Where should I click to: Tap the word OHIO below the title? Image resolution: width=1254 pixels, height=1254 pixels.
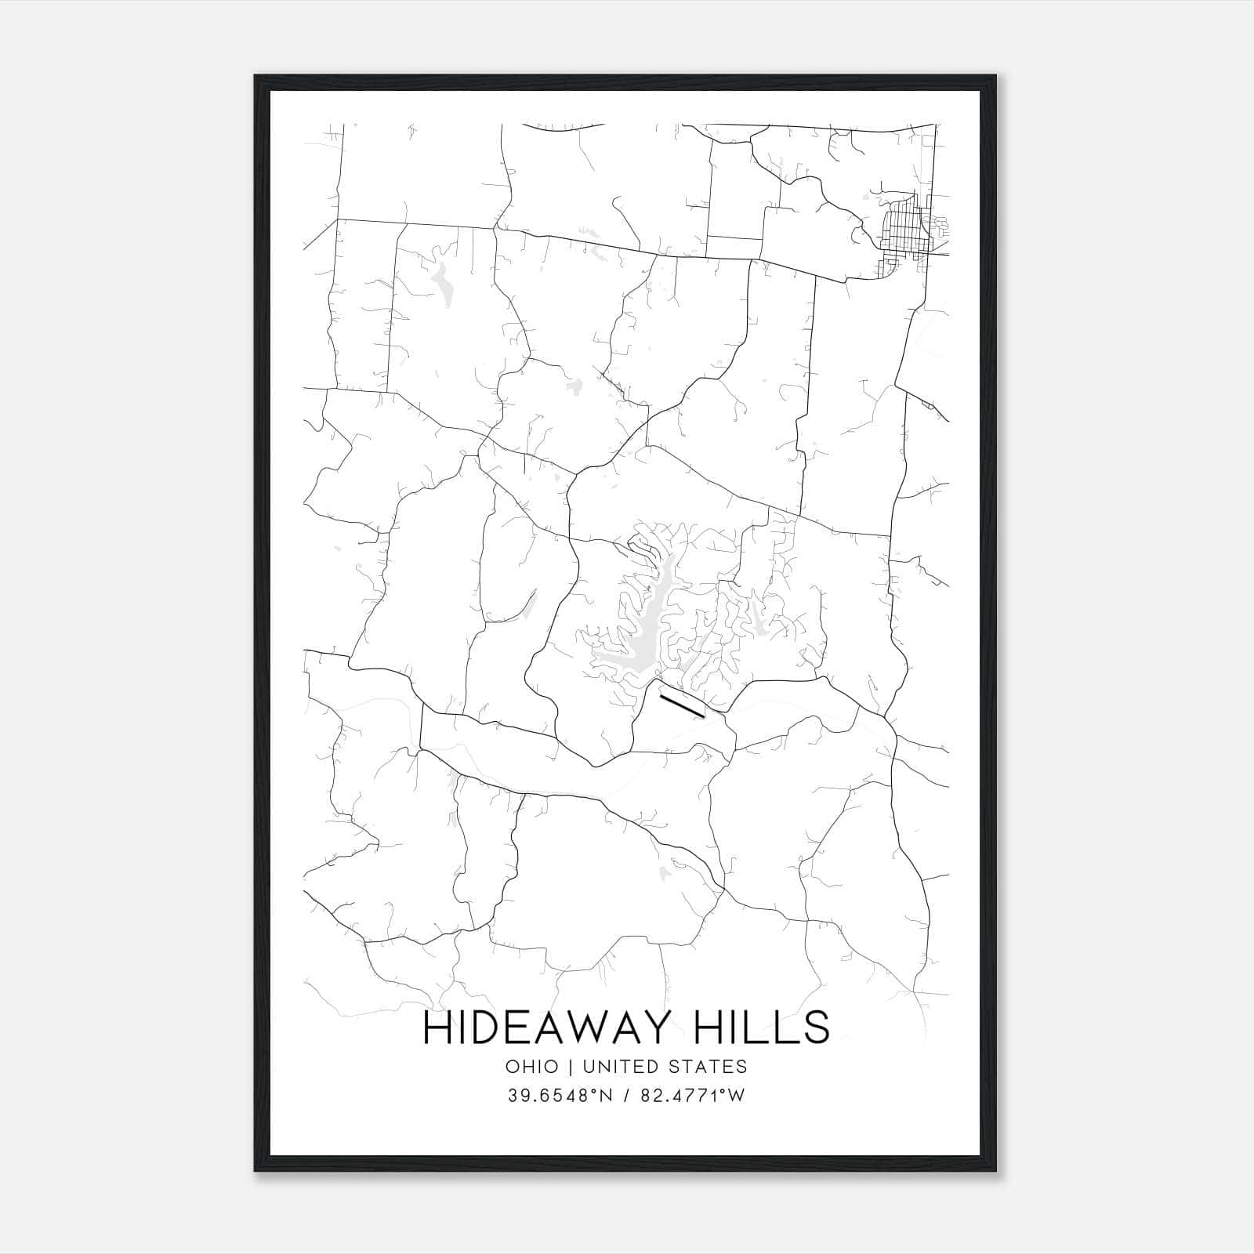(532, 1067)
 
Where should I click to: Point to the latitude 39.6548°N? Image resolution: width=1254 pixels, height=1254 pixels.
(557, 1096)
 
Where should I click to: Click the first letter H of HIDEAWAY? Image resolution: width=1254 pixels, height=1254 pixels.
(436, 1027)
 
